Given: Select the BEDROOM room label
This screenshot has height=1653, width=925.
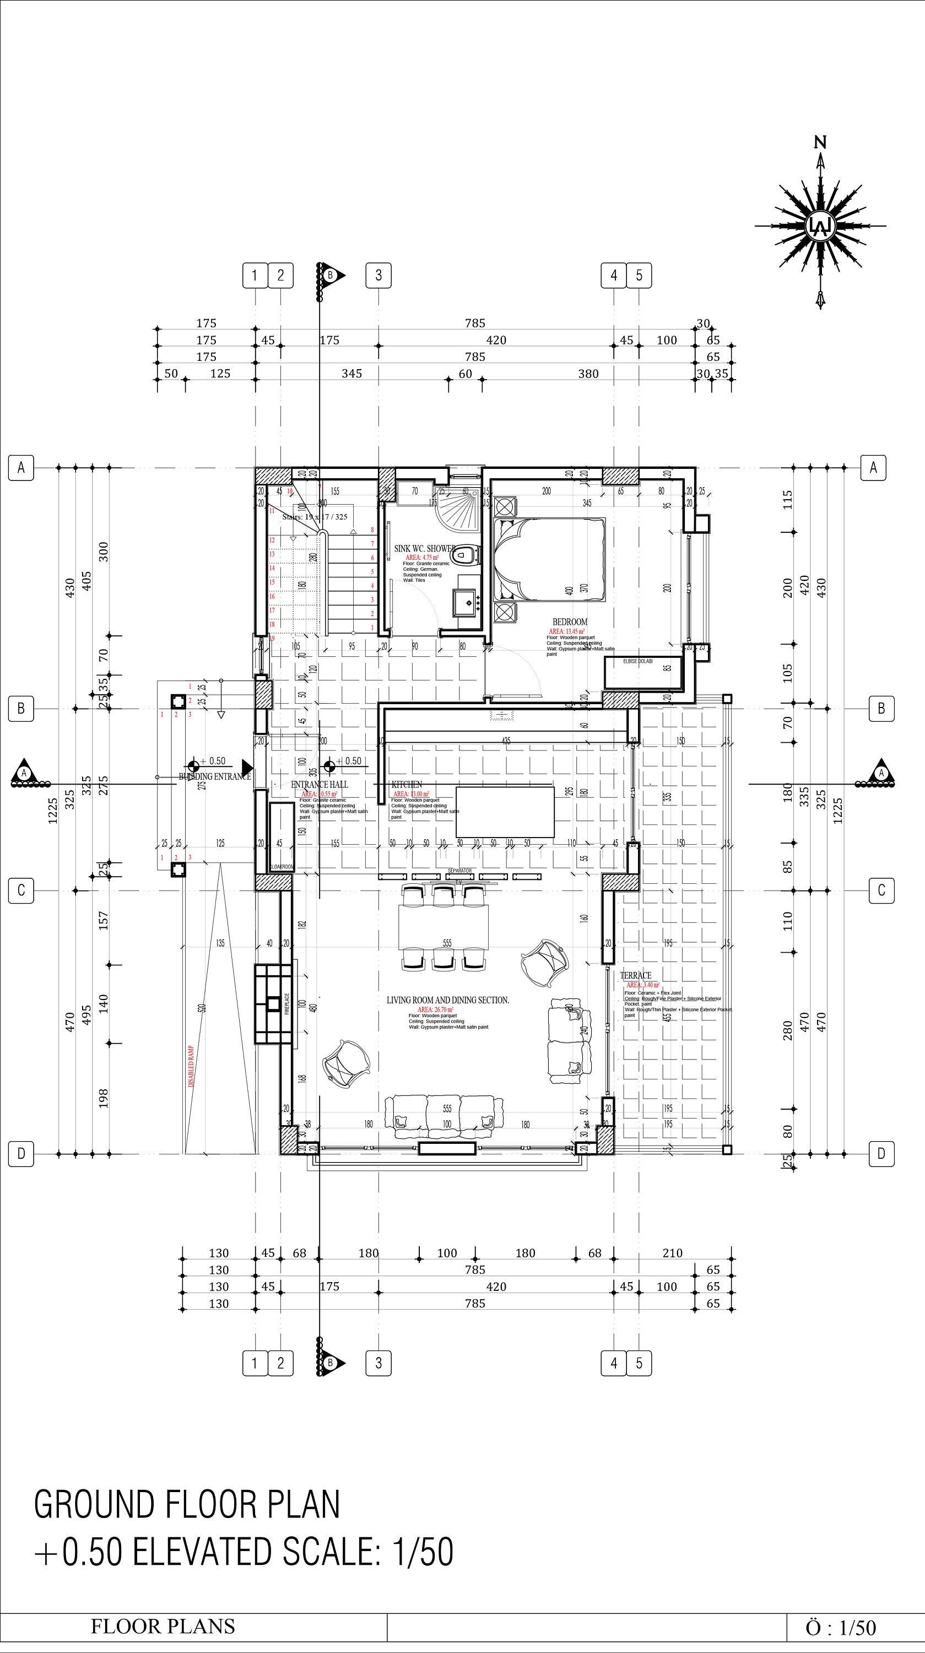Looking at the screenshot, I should pyautogui.click(x=570, y=622).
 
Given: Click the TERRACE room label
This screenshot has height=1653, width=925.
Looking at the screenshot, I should pyautogui.click(x=635, y=975).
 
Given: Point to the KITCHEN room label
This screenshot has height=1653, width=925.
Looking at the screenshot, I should pyautogui.click(x=407, y=784).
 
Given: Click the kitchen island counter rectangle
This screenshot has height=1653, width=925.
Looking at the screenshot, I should pyautogui.click(x=505, y=812).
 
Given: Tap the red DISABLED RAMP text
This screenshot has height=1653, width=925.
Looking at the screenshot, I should pyautogui.click(x=191, y=1066).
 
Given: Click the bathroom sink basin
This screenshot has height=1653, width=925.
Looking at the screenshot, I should pyautogui.click(x=468, y=602).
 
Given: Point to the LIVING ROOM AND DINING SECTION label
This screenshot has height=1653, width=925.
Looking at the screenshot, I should pyautogui.click(x=447, y=1000).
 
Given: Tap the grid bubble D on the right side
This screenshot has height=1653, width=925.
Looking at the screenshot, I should pyautogui.click(x=881, y=1154).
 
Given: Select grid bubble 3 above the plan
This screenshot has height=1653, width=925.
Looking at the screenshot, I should pyautogui.click(x=378, y=275).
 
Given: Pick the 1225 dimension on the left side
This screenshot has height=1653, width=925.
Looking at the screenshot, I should pyautogui.click(x=52, y=811).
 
